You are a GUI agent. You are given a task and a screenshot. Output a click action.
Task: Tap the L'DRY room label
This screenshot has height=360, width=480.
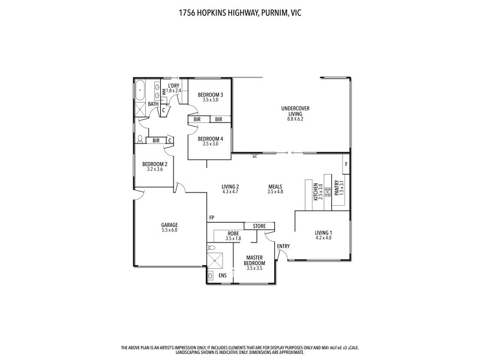(173, 86)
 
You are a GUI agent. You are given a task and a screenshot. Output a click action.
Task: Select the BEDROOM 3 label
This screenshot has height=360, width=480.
(211, 95)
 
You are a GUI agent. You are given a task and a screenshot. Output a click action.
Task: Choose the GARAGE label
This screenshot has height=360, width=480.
(169, 225)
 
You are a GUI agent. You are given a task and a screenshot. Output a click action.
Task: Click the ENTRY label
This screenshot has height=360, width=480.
(283, 246)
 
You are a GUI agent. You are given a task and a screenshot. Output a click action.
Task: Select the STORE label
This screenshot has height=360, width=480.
(259, 226)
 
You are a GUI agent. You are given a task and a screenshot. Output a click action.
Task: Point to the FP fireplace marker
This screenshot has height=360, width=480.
(212, 217)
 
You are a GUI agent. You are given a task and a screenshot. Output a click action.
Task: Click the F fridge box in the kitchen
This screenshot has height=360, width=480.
(346, 163)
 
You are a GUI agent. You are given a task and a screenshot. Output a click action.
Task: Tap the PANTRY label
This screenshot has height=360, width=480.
(337, 190)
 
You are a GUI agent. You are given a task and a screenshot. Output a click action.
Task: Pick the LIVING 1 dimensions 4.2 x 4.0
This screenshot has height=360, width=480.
(323, 238)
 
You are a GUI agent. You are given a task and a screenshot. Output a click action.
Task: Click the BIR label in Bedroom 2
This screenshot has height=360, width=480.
(156, 140)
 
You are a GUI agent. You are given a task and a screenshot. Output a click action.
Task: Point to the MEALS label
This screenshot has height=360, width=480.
(275, 187)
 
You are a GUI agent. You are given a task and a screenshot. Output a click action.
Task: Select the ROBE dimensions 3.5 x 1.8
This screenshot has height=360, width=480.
(233, 239)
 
